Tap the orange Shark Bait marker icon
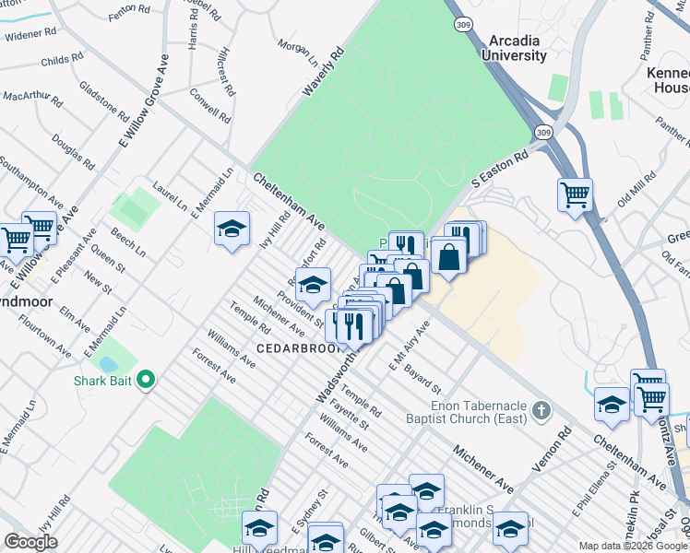coord(145,379)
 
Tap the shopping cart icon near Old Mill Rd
coord(575,194)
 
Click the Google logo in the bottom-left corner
coord(30,542)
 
